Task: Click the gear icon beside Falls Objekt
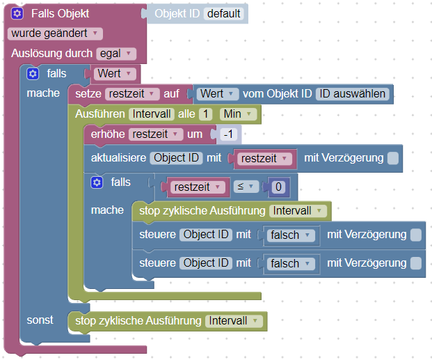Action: [17, 14]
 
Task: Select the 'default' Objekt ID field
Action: [224, 14]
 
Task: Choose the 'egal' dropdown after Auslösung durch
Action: [115, 53]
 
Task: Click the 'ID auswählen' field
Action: [352, 93]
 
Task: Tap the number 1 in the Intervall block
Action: [205, 114]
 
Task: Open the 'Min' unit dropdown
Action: [238, 114]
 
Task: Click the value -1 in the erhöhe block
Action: [230, 134]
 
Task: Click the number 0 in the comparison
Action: [278, 187]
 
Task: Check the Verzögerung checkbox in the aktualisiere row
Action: [394, 158]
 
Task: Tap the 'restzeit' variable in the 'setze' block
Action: [133, 93]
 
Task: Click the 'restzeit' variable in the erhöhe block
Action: [157, 134]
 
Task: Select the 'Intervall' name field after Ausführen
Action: [150, 114]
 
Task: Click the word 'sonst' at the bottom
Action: [40, 320]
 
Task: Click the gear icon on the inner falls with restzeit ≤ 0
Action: [97, 182]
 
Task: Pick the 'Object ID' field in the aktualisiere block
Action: [177, 158]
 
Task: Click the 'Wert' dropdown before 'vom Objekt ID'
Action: [218, 93]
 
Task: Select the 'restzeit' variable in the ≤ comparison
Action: [198, 187]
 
